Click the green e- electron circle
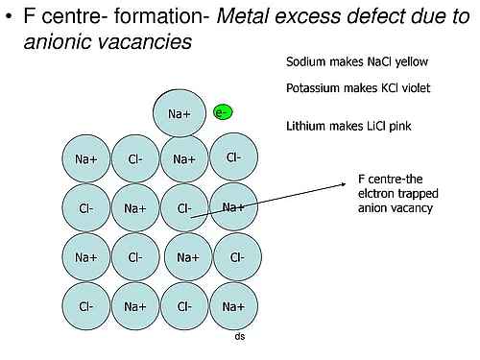click(x=223, y=112)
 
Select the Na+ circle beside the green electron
click(x=180, y=114)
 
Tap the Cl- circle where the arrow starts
click(x=185, y=207)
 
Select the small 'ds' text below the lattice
click(x=240, y=338)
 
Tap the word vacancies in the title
click(x=148, y=42)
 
